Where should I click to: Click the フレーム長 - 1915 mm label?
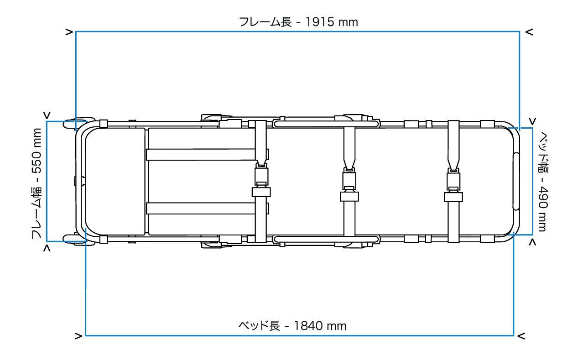pyautogui.click(x=298, y=22)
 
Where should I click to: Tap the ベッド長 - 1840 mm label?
pyautogui.click(x=292, y=326)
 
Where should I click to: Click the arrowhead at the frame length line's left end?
pyautogui.click(x=69, y=32)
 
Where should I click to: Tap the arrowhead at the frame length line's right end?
pyautogui.click(x=529, y=32)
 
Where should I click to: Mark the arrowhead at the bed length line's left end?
pyautogui.click(x=78, y=336)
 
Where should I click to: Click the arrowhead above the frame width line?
pyautogui.click(x=47, y=115)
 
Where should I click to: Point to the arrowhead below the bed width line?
pyautogui.click(x=532, y=243)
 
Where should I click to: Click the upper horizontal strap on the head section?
pyautogui.click(x=201, y=155)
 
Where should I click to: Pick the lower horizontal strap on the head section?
pyautogui.click(x=201, y=208)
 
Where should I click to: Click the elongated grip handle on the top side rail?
pyautogui.click(x=326, y=123)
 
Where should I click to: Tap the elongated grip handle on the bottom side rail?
pyautogui.click(x=326, y=239)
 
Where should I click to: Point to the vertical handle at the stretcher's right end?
pyautogui.click(x=516, y=181)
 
